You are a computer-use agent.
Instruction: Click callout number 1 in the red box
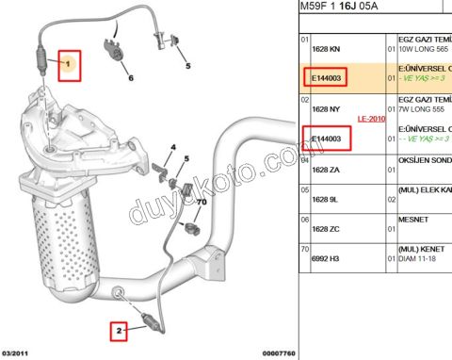[x=70, y=63]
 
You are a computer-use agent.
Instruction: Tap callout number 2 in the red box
[x=120, y=330]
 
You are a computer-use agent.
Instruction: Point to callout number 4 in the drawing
[x=173, y=147]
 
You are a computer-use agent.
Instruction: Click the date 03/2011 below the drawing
[x=18, y=353]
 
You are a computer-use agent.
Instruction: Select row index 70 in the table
[x=304, y=250]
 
